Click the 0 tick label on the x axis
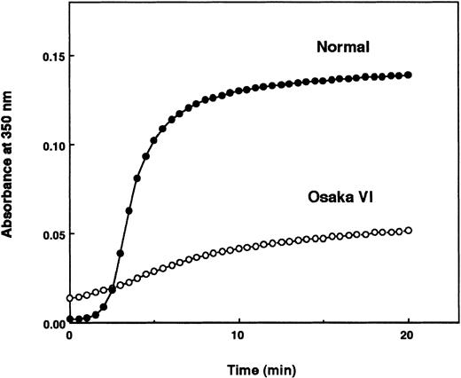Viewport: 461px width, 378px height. (x=69, y=338)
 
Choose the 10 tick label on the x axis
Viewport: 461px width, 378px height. (x=238, y=338)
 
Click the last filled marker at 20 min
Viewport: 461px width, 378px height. (x=408, y=75)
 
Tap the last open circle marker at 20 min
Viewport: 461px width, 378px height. (x=408, y=231)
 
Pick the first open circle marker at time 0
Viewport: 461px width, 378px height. (x=69, y=298)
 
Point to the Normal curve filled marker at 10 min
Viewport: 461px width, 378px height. (x=238, y=91)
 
